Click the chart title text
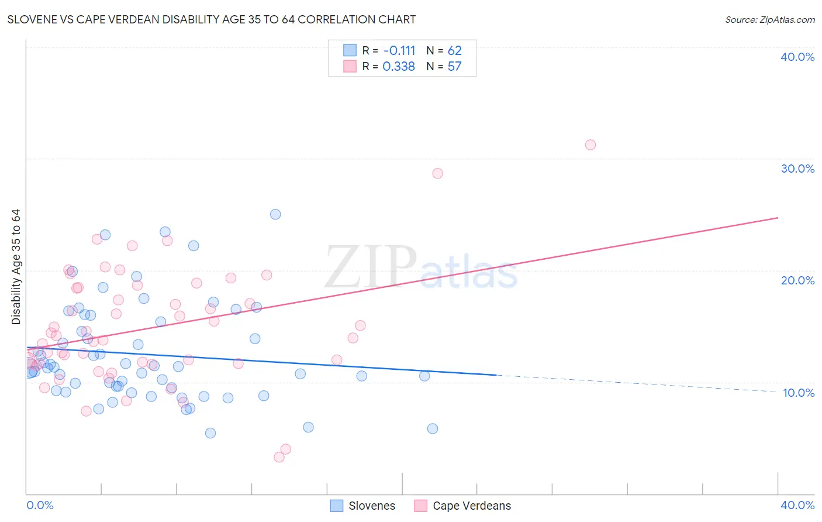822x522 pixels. (x=212, y=19)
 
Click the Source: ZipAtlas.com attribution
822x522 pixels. (x=769, y=19)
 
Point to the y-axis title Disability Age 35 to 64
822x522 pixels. (x=16, y=267)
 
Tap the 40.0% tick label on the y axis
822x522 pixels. (x=797, y=57)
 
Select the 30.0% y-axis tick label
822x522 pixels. (x=797, y=169)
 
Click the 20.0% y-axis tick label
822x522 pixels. (x=797, y=280)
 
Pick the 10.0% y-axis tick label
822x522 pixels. (x=798, y=393)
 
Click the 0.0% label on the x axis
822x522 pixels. (x=40, y=505)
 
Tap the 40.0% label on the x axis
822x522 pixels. (x=797, y=505)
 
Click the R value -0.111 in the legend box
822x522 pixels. (x=399, y=51)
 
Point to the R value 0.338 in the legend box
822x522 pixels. (x=399, y=67)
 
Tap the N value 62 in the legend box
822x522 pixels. (x=454, y=51)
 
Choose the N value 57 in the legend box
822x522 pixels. (x=454, y=67)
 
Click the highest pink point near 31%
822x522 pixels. (x=590, y=145)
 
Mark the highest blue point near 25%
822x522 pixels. (x=275, y=214)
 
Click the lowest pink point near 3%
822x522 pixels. (x=279, y=457)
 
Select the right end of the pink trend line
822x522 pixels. (x=778, y=218)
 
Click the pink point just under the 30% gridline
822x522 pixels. (x=437, y=173)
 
